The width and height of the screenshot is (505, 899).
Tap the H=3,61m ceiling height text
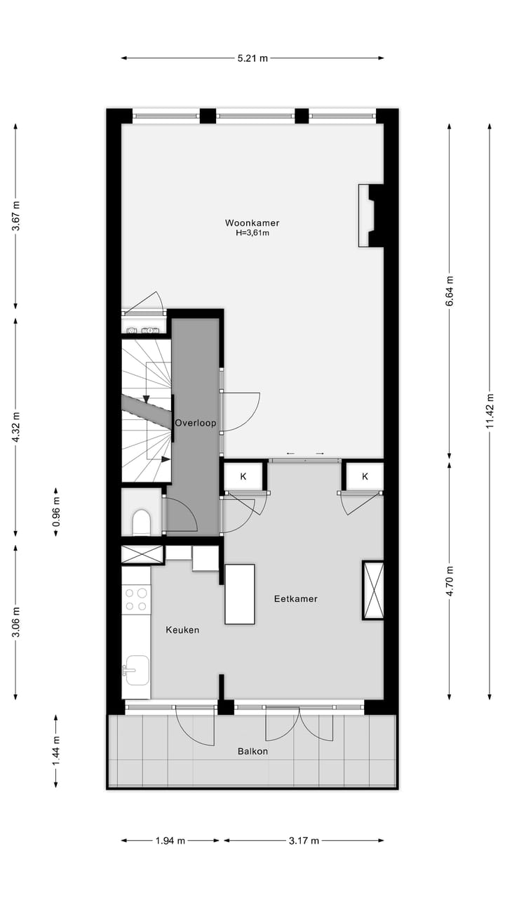pyautogui.click(x=252, y=232)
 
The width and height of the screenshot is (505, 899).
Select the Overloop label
pyautogui.click(x=196, y=423)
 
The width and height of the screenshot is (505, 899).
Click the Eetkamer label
pyautogui.click(x=295, y=599)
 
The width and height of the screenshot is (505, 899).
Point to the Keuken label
pyautogui.click(x=182, y=630)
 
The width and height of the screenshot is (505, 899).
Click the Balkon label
pyautogui.click(x=252, y=751)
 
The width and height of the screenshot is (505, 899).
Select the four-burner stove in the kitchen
pyautogui.click(x=136, y=599)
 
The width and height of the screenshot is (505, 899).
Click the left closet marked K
pyautogui.click(x=243, y=477)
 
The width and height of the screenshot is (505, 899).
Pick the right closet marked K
pyautogui.click(x=365, y=477)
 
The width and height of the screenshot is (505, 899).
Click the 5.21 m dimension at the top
pyautogui.click(x=252, y=58)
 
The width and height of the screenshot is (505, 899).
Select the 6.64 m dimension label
pyautogui.click(x=450, y=288)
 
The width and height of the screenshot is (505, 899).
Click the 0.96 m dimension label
pyautogui.click(x=57, y=512)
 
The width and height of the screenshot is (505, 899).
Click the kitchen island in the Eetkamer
pyautogui.click(x=239, y=593)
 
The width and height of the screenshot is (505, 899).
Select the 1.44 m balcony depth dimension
pyautogui.click(x=57, y=751)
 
